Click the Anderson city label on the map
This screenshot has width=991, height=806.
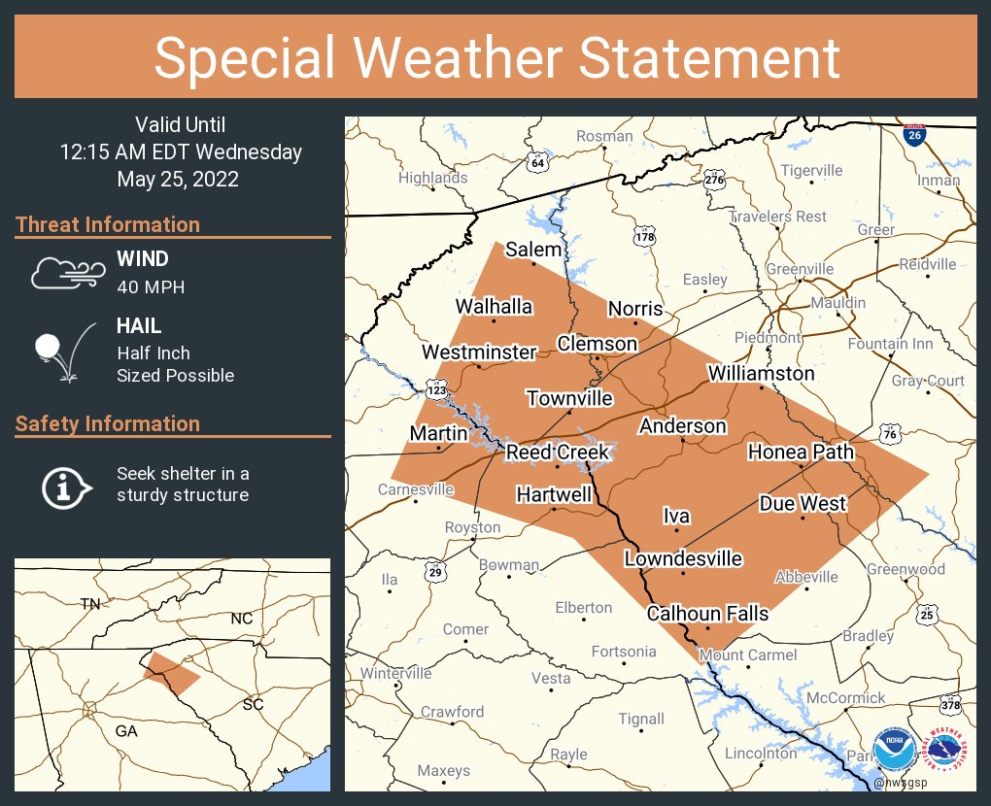click(x=682, y=426)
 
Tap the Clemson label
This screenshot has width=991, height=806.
click(x=597, y=344)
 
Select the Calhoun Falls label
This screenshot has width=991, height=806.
click(x=707, y=613)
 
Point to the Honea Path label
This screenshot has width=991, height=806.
click(x=801, y=452)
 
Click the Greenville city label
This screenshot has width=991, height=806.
click(x=800, y=269)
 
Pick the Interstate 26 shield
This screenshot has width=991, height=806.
click(x=913, y=134)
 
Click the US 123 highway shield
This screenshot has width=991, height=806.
click(x=435, y=390)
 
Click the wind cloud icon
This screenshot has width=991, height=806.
click(x=65, y=273)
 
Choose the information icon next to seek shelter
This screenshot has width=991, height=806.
click(x=65, y=486)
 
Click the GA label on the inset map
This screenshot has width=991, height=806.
click(x=126, y=731)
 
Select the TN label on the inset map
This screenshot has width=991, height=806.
click(x=90, y=604)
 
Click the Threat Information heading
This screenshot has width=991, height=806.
click(x=108, y=224)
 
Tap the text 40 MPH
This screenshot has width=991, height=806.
click(x=151, y=286)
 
